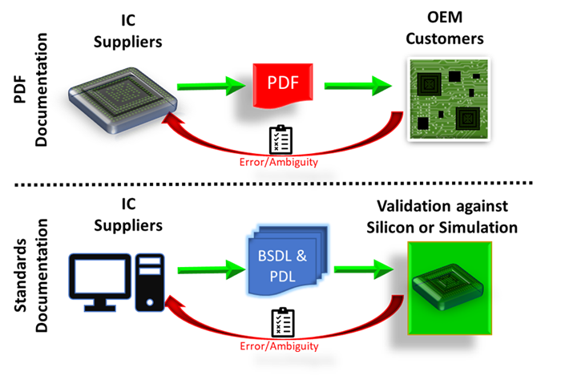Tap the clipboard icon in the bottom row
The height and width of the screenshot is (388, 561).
click(x=279, y=321)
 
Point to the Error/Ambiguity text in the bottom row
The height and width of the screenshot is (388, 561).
click(x=279, y=346)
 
